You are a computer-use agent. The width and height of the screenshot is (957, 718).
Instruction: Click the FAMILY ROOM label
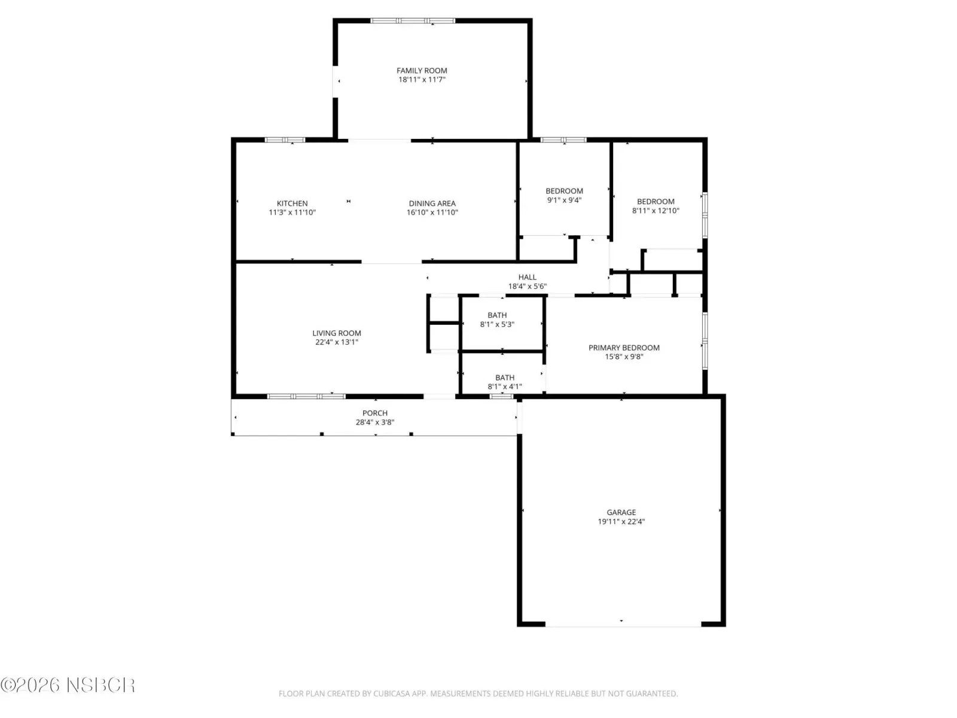[x=422, y=71]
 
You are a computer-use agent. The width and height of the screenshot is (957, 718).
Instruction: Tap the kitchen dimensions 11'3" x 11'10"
[x=292, y=212]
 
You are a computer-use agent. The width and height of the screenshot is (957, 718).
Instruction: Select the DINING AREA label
[x=432, y=203]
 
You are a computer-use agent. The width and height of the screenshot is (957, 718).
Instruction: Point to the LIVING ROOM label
[x=337, y=333]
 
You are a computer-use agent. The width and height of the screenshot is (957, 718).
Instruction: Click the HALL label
[x=527, y=277]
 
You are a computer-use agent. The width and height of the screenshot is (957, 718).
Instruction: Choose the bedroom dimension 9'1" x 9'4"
[x=564, y=200]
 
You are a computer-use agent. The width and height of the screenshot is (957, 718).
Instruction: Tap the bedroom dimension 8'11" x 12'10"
[x=656, y=211]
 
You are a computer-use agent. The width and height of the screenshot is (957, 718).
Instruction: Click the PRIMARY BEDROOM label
[x=624, y=348]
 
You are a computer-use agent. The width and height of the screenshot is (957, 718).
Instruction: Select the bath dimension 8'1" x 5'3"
[x=497, y=324]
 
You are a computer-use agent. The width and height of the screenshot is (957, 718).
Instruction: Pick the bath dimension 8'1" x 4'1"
[x=504, y=387]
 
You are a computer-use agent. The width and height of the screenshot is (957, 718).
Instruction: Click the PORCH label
[x=375, y=413]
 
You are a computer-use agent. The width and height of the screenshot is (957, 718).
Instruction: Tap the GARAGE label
[x=621, y=513]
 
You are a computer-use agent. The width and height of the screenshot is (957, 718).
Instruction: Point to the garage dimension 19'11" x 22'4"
[x=621, y=522]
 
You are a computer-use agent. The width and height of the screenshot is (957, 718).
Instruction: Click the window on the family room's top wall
[x=413, y=20]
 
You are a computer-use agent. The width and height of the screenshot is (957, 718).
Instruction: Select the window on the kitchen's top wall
[x=285, y=140]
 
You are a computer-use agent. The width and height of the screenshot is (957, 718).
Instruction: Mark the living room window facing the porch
[x=306, y=396]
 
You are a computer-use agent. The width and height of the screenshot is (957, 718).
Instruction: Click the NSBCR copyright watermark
[x=68, y=685]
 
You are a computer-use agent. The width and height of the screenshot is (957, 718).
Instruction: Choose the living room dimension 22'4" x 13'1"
[x=337, y=342]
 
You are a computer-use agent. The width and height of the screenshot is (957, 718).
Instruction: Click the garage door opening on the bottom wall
[x=623, y=624]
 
